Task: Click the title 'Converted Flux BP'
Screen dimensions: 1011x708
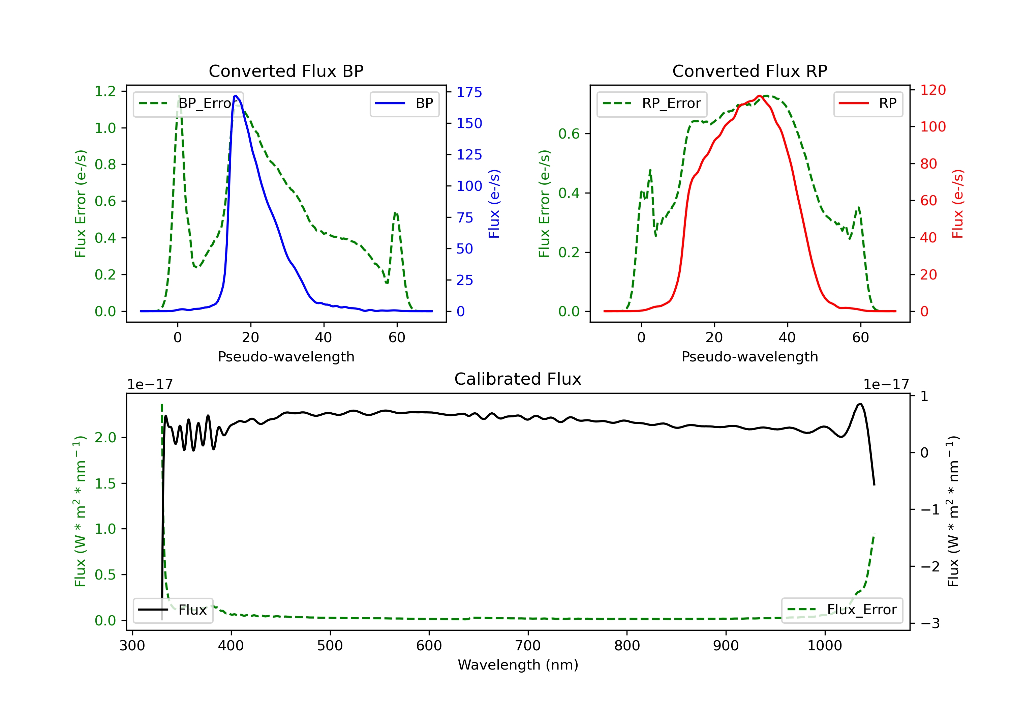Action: (x=286, y=71)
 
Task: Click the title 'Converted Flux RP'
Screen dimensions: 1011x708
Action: (x=750, y=71)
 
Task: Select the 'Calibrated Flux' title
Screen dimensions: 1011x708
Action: (x=518, y=379)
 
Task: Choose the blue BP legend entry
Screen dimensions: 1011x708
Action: (x=404, y=104)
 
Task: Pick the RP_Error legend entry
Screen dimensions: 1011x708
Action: (x=652, y=104)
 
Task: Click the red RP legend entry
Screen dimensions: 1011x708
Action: (x=868, y=104)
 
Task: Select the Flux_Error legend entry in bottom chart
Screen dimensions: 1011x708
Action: (x=842, y=610)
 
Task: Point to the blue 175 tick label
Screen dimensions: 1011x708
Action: (x=469, y=92)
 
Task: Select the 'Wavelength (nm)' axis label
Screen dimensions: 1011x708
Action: (x=518, y=665)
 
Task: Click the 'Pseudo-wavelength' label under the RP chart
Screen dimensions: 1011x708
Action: (x=750, y=356)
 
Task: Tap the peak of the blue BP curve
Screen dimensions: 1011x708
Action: (x=236, y=96)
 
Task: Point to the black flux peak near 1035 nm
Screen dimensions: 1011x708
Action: (x=860, y=404)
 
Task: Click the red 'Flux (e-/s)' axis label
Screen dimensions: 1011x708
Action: (x=958, y=204)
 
